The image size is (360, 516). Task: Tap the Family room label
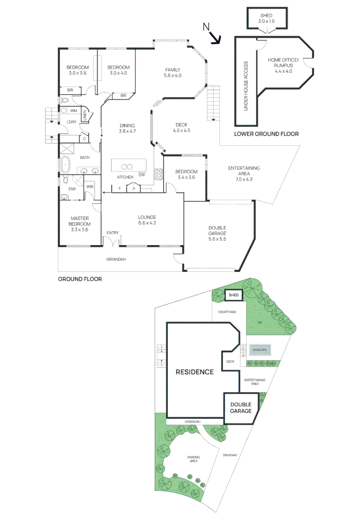pos(173,73)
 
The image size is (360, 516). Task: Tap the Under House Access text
pos(246,86)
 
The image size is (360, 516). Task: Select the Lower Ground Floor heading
pos(266,134)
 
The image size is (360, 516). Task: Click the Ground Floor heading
pos(80,279)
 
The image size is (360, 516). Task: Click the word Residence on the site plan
pos(194,372)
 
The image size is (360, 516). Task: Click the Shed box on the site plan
pos(233,295)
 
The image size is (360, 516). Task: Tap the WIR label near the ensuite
pos(89,186)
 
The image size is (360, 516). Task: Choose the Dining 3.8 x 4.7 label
pos(128,128)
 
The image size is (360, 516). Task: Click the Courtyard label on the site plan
pos(227,312)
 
